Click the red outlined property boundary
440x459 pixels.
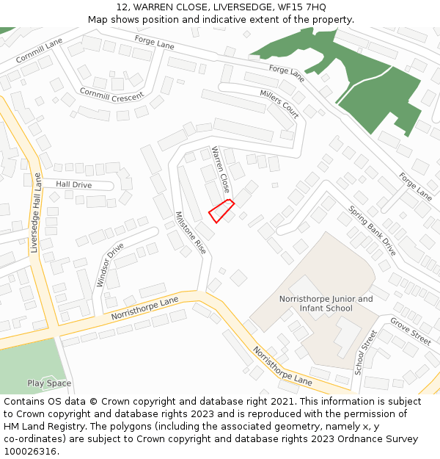(x=221, y=210)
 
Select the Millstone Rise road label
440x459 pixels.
(x=191, y=234)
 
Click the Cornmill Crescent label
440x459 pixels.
(x=112, y=94)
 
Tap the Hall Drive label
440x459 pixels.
(x=73, y=185)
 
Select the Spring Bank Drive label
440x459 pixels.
(x=372, y=230)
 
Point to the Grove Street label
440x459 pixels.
(x=411, y=331)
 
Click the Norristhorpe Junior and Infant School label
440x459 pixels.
(x=326, y=303)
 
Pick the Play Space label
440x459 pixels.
(x=49, y=383)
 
